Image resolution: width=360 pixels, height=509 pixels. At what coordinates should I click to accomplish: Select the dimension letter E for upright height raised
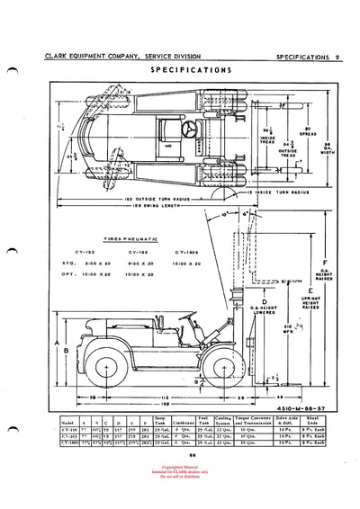pyautogui.click(x=310, y=291)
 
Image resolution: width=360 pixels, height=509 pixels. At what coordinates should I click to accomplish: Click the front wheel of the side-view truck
pyautogui.click(x=218, y=372)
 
